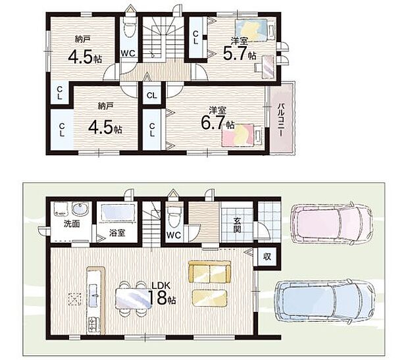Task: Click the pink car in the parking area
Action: (332, 223)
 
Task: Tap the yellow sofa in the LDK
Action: (210, 272)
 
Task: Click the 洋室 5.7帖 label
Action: (240, 49)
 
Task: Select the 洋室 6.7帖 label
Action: (218, 118)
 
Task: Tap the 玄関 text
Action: (237, 225)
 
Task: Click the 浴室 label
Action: (117, 233)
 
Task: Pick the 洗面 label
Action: (72, 224)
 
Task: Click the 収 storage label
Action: (267, 257)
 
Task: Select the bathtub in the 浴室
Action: (118, 213)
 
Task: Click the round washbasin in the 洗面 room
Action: (80, 209)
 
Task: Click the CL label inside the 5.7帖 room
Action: (195, 38)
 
